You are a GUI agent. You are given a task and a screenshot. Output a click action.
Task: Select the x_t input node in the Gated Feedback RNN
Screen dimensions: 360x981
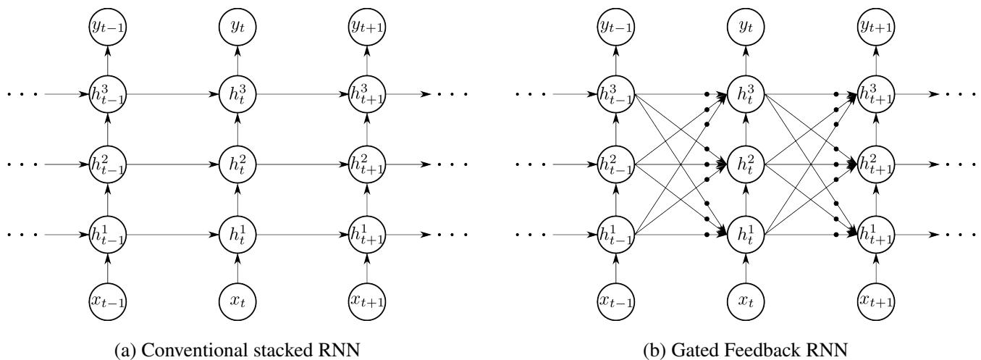pos(748,298)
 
